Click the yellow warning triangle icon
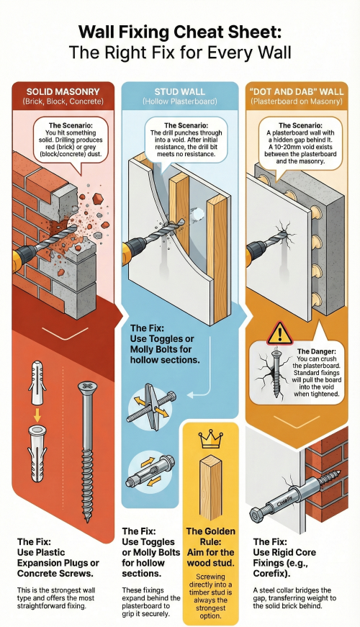pyautogui.click(x=280, y=333)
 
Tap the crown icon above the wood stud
pyautogui.click(x=211, y=439)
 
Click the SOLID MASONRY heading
pyautogui.click(x=63, y=92)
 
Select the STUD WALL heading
pyautogui.click(x=179, y=92)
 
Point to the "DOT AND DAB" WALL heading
pyautogui.click(x=297, y=91)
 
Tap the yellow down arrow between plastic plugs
pyautogui.click(x=37, y=416)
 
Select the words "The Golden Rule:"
pyautogui.click(x=211, y=536)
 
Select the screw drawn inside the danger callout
pyautogui.click(x=276, y=373)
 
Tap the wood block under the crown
pyautogui.click(x=211, y=485)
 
